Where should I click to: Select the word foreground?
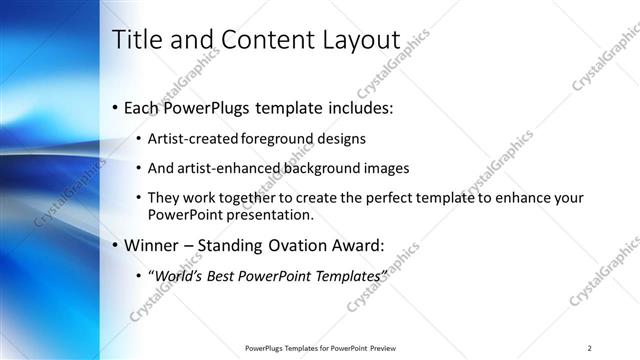(x=284, y=140)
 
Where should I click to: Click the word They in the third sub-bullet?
(x=164, y=198)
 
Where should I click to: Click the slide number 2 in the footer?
(x=590, y=348)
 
